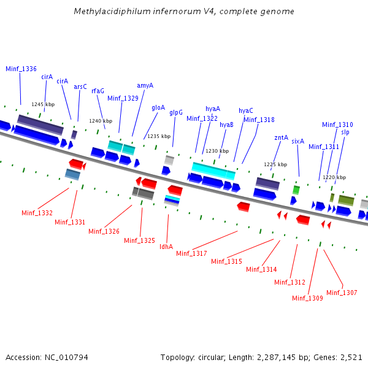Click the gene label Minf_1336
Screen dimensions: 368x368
point(21,69)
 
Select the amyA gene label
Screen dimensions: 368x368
point(145,85)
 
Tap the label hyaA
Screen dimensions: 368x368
point(213,109)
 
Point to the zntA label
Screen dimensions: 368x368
point(281,137)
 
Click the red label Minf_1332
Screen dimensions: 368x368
point(37,213)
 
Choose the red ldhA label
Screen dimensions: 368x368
point(166,247)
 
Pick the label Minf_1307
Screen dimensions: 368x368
point(342,293)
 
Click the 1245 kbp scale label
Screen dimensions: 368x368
point(43,104)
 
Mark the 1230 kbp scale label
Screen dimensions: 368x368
point(217,151)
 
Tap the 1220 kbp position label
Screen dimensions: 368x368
point(334,177)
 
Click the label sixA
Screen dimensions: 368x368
point(297,141)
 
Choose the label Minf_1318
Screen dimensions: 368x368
point(259,120)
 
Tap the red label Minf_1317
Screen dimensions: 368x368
point(191,253)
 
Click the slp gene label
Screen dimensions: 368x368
point(345,132)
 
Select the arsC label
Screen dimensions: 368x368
point(80,86)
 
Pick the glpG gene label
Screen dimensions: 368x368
point(176,112)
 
